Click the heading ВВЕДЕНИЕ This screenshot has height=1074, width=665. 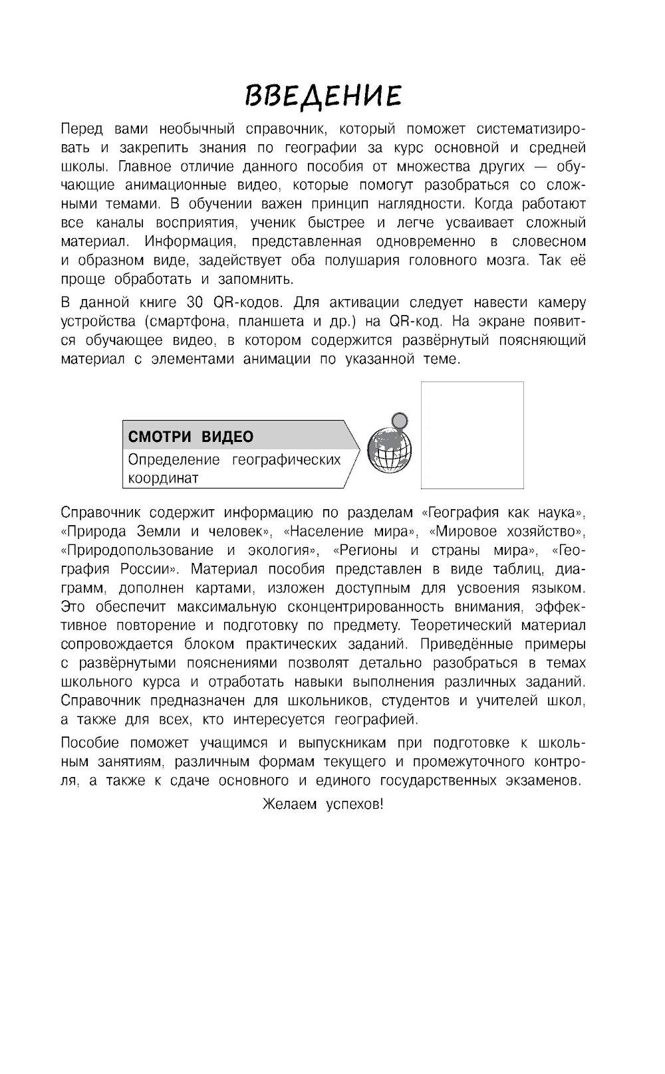pyautogui.click(x=323, y=95)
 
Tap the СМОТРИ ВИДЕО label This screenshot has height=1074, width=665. pyautogui.click(x=190, y=437)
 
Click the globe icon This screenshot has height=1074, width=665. pyautogui.click(x=390, y=450)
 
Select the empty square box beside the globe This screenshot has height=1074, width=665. pyautogui.click(x=472, y=435)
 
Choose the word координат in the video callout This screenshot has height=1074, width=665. pyautogui.click(x=163, y=478)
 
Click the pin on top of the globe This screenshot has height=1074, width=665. pyautogui.click(x=399, y=420)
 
